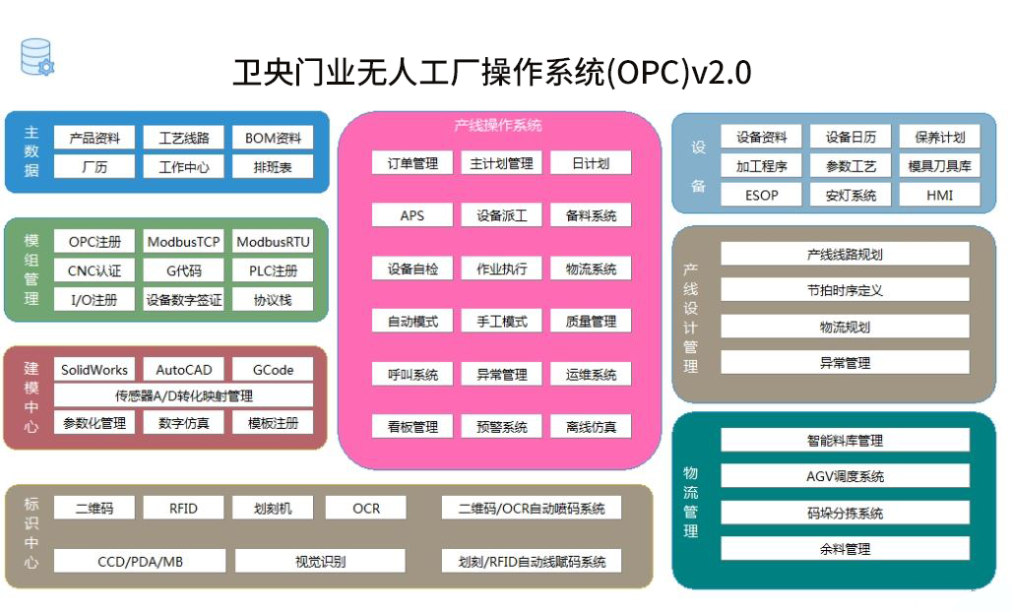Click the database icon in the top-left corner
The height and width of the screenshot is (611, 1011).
pyautogui.click(x=36, y=57)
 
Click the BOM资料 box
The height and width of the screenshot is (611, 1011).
pyautogui.click(x=273, y=138)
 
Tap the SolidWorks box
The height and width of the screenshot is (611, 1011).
pyautogui.click(x=95, y=370)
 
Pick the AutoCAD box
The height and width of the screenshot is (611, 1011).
pyautogui.click(x=183, y=370)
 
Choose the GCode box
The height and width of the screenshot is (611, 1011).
pyautogui.click(x=273, y=370)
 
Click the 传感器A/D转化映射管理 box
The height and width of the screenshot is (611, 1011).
pyautogui.click(x=183, y=396)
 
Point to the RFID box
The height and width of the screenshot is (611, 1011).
pyautogui.click(x=183, y=508)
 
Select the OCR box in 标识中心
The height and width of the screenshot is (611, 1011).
pyautogui.click(x=365, y=508)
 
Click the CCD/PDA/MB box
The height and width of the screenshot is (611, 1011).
pyautogui.click(x=140, y=562)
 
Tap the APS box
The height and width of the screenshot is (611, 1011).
pyautogui.click(x=411, y=214)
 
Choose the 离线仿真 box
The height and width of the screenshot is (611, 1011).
pyautogui.click(x=591, y=426)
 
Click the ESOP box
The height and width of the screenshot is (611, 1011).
pyautogui.click(x=761, y=195)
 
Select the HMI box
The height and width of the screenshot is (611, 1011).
pyautogui.click(x=939, y=195)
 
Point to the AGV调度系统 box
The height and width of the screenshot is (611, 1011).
pyautogui.click(x=845, y=476)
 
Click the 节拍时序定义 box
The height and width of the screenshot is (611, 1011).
pyautogui.click(x=845, y=290)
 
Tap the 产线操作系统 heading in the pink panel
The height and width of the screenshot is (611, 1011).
pyautogui.click(x=497, y=126)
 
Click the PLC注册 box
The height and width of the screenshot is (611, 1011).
pyautogui.click(x=273, y=271)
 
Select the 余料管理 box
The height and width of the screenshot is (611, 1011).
pyautogui.click(x=845, y=549)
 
